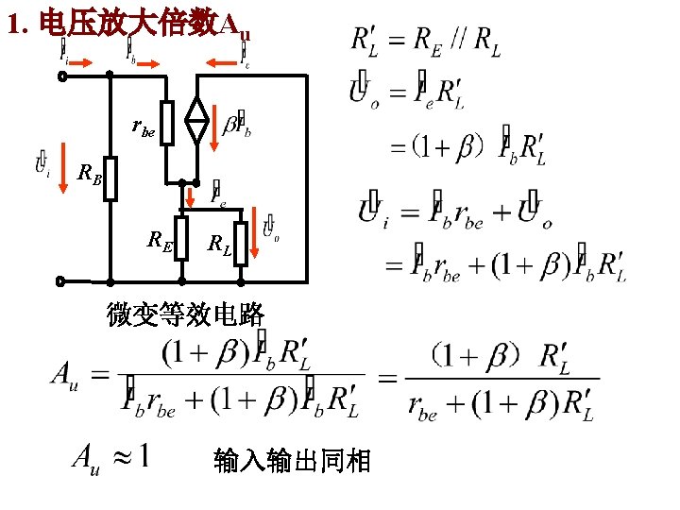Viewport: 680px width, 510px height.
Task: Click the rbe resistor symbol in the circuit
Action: tap(167, 123)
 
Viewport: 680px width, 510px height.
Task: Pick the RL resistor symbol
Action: tap(241, 244)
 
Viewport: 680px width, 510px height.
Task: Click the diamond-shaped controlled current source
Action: tap(196, 123)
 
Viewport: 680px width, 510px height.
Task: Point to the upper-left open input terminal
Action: tap(62, 76)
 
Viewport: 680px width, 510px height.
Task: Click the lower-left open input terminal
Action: tap(62, 281)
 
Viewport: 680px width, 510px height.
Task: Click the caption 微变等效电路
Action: tap(185, 315)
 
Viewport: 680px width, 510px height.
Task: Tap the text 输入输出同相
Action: tap(293, 461)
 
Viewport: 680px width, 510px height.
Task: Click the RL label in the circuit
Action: tap(219, 247)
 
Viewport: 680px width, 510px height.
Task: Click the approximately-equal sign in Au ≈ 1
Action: tap(121, 459)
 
